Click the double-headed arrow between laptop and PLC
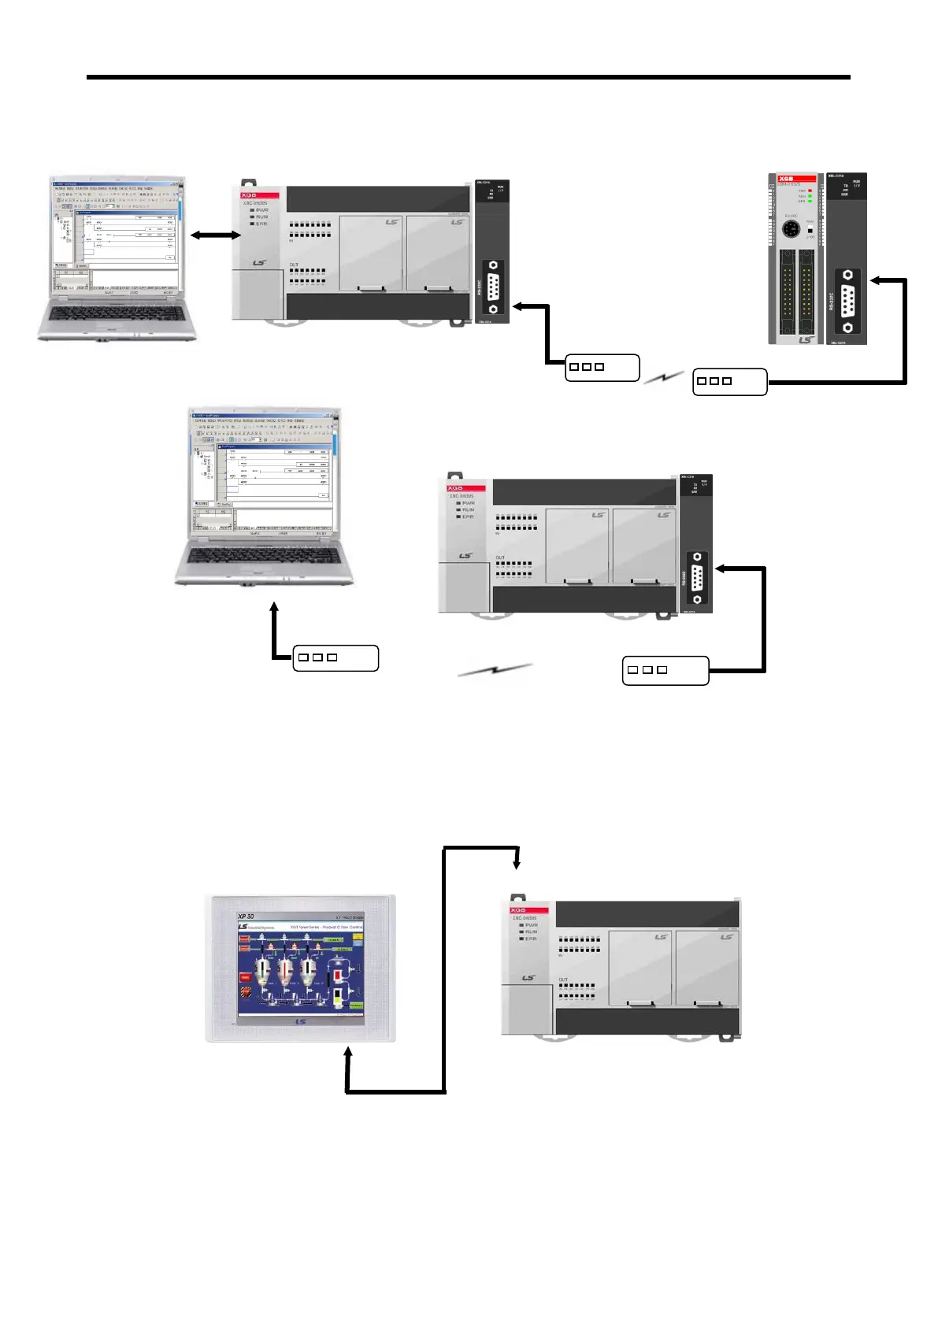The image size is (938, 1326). [215, 235]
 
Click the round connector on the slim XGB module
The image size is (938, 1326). [792, 230]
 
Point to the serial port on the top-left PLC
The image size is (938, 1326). [493, 287]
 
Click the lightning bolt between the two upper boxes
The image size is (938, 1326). [664, 378]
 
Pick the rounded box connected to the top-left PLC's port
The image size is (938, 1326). [602, 368]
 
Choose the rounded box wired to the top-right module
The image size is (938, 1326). [729, 382]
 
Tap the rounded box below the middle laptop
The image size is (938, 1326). [336, 657]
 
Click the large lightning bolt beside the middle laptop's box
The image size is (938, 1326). [495, 670]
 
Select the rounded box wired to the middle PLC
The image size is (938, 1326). [665, 670]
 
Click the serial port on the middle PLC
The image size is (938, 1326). [696, 578]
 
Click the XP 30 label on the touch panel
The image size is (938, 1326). [247, 917]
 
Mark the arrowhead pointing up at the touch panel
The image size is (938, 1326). [348, 1053]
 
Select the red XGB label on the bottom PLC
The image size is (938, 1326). [519, 910]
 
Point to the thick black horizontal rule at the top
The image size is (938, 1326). [469, 77]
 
